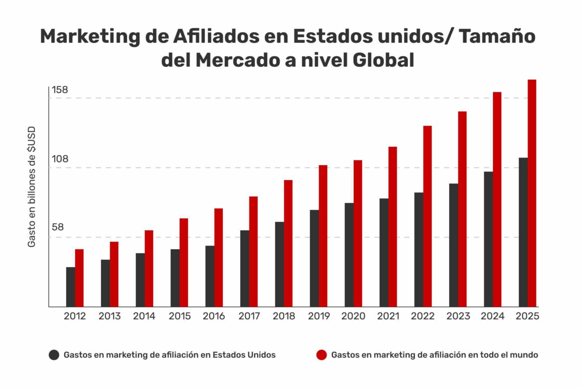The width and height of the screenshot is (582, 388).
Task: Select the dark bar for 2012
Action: pos(70,287)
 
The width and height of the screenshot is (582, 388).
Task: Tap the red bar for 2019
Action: pos(323,236)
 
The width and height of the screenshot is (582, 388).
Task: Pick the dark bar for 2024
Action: pos(488,239)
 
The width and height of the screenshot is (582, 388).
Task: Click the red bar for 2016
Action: pos(218,258)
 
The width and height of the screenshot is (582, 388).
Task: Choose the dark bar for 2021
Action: pos(384,253)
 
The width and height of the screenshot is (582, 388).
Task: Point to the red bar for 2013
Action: pos(114,274)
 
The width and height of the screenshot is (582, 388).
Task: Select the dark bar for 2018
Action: pos(279,264)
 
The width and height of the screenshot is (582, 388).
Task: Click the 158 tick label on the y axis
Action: pos(60,90)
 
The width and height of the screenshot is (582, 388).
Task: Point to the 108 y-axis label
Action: pos(60,159)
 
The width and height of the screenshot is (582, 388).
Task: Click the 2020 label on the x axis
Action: pos(353,316)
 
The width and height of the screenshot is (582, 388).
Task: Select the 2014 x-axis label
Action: pos(144,316)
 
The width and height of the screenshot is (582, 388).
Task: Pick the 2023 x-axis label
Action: pos(458,316)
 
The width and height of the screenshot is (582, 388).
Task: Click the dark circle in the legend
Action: pos(54,355)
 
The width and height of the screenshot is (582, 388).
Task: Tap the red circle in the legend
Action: pos(322,355)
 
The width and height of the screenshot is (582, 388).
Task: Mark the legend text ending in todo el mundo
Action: pos(434,355)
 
